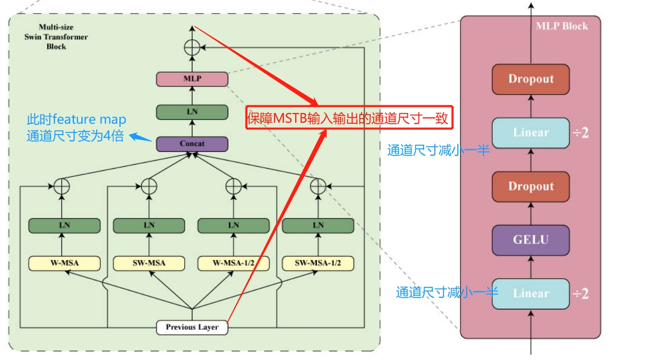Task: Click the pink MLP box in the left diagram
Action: click(x=192, y=79)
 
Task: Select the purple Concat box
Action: click(x=192, y=144)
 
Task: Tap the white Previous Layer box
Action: click(x=192, y=327)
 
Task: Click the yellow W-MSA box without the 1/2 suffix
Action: click(x=64, y=263)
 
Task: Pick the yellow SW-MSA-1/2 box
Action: click(x=318, y=263)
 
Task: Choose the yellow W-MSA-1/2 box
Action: click(x=233, y=263)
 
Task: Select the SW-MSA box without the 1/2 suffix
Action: click(x=149, y=263)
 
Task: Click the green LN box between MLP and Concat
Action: click(x=192, y=112)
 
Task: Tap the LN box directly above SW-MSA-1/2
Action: click(x=318, y=226)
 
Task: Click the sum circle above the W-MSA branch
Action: click(x=61, y=187)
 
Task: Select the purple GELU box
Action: click(x=531, y=240)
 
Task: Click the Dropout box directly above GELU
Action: click(x=531, y=186)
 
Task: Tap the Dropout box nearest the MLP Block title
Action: click(x=531, y=79)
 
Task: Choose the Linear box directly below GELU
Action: click(x=531, y=294)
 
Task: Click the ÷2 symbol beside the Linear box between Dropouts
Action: click(x=580, y=133)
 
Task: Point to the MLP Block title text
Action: click(x=561, y=26)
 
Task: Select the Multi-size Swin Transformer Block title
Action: click(x=56, y=37)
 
